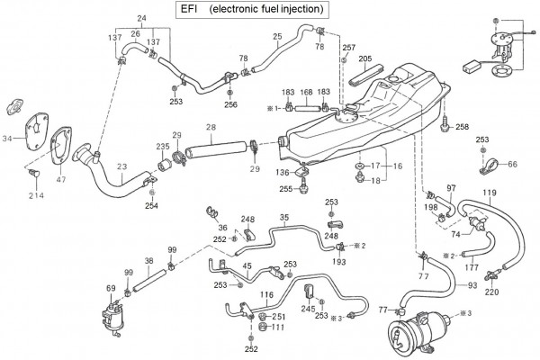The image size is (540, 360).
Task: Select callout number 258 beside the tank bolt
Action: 463,126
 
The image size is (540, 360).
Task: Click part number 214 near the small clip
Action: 37,195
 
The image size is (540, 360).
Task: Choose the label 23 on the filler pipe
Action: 121,166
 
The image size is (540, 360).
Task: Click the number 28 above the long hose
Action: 211,128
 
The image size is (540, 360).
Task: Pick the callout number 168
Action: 307,92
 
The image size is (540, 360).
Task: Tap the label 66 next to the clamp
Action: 512,164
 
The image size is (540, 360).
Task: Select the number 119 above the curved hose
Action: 490,193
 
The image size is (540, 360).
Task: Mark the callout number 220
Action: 492,292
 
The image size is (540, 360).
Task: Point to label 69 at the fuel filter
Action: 112,288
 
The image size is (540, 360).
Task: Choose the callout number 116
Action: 267,293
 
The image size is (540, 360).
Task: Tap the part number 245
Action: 309,307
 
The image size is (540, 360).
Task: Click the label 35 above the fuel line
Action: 284,217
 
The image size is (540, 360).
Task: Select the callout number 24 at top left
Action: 141,18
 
